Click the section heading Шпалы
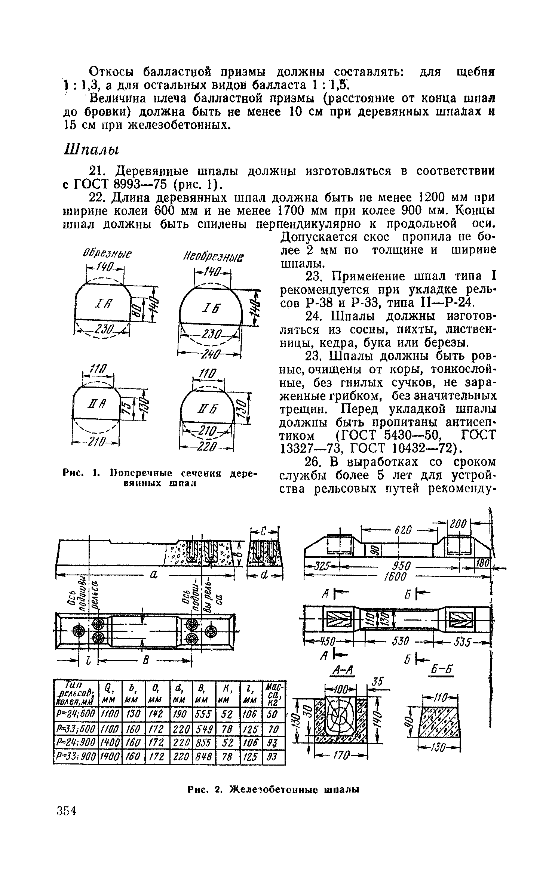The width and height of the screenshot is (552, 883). [x=90, y=150]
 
